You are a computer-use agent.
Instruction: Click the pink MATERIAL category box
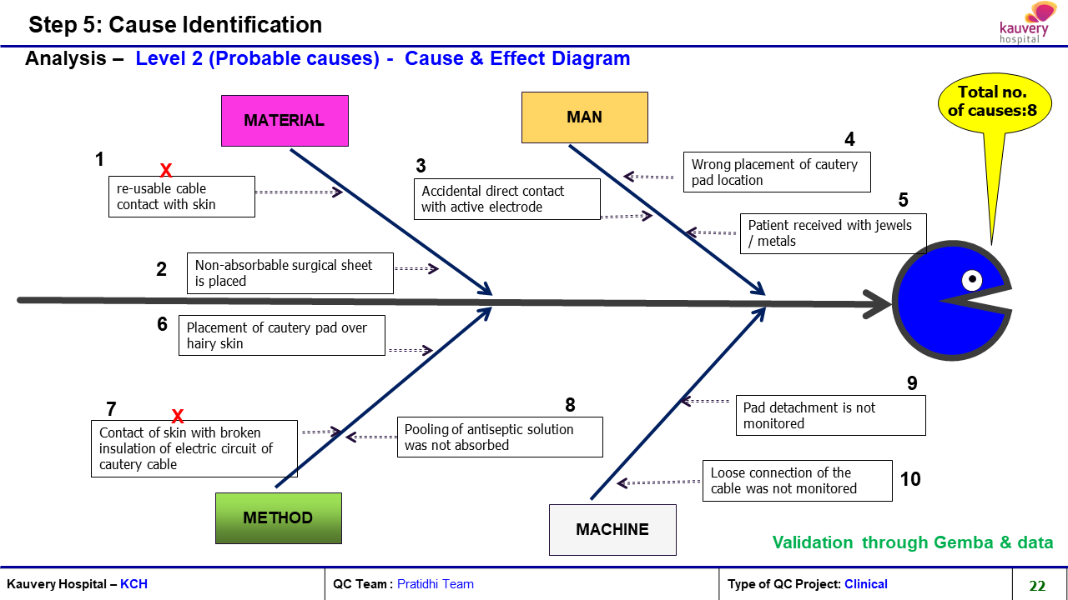(285, 121)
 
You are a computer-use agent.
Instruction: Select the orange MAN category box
(585, 117)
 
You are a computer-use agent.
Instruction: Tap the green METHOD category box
(279, 518)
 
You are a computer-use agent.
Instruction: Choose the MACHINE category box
(612, 529)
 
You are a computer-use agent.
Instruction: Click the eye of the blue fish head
(972, 279)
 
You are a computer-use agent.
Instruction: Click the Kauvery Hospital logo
(1024, 22)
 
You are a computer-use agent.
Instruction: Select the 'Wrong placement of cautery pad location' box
(777, 172)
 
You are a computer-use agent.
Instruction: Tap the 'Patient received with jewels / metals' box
(833, 233)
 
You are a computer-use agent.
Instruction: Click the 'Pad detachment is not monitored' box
(830, 415)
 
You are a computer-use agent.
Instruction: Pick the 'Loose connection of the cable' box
(797, 481)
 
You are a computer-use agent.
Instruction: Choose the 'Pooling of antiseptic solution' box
(500, 437)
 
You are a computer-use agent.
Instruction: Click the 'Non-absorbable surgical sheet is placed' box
(290, 273)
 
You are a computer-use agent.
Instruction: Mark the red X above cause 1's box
(166, 169)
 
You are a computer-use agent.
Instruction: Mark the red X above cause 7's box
(178, 416)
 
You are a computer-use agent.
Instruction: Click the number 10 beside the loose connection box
(910, 479)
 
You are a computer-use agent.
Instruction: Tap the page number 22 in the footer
(1037, 585)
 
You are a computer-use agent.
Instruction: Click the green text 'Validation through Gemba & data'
(913, 542)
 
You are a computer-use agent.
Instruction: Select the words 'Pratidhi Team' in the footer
(436, 584)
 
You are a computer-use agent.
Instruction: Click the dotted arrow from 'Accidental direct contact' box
(627, 216)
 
